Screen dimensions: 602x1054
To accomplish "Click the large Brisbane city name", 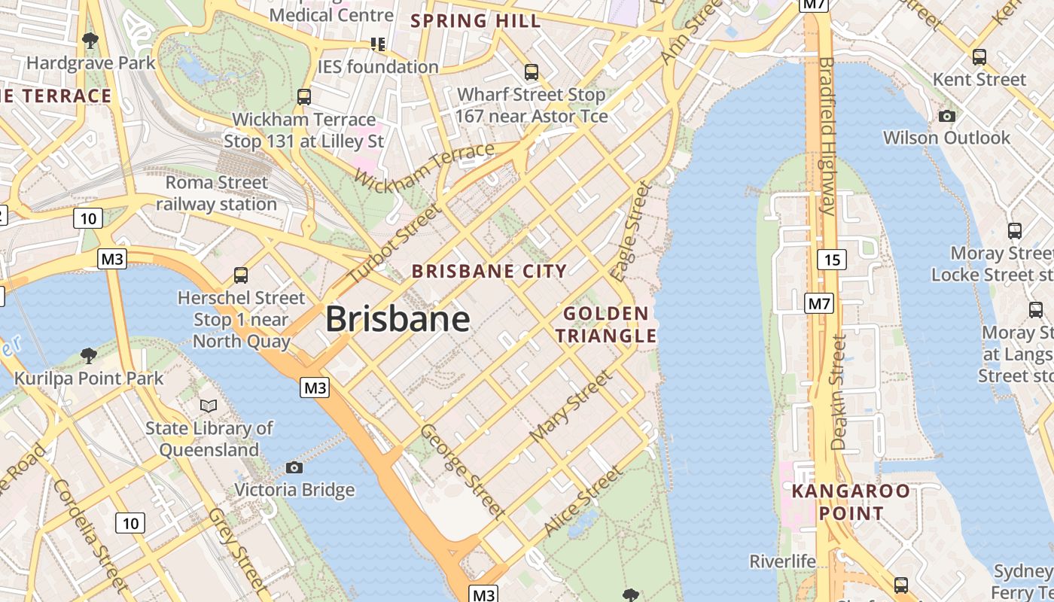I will click(x=398, y=319).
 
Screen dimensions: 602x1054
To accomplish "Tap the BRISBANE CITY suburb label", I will click(x=489, y=272).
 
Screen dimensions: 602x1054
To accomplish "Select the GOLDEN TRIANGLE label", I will click(x=607, y=324).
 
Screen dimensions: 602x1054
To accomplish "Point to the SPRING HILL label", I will click(x=476, y=21).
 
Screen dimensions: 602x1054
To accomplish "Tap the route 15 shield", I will click(x=831, y=260).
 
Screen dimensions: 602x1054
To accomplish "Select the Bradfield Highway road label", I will click(x=827, y=135).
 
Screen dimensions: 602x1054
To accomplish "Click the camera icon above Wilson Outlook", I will click(x=947, y=116).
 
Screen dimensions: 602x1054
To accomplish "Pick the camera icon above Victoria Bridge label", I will click(x=294, y=468).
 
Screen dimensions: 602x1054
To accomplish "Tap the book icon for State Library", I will click(x=209, y=406).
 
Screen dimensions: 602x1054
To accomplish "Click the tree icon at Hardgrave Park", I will click(x=90, y=40).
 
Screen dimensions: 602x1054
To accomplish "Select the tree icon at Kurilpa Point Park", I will click(x=89, y=355).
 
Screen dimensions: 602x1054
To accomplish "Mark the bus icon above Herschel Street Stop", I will click(x=241, y=275).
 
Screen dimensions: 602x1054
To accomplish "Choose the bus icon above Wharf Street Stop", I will click(x=532, y=72).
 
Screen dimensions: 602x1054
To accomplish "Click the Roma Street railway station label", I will click(x=217, y=193).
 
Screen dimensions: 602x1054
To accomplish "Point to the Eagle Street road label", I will click(x=631, y=232).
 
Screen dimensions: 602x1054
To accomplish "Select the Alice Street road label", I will click(x=583, y=501).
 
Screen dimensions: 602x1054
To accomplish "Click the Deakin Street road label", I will click(x=839, y=392).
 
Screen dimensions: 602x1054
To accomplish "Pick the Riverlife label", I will click(x=782, y=561).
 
